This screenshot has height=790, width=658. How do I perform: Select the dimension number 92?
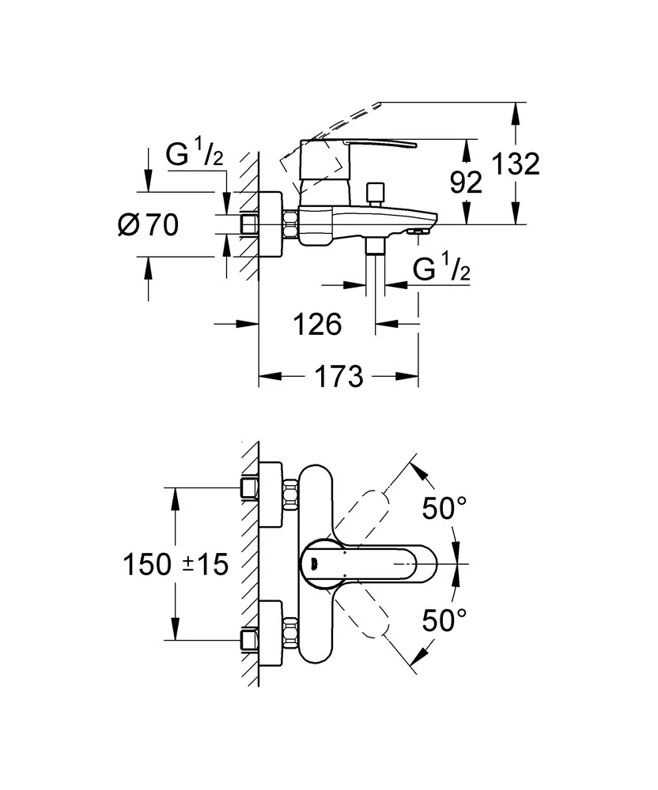tap(466, 182)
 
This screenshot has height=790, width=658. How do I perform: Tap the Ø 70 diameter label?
tap(148, 226)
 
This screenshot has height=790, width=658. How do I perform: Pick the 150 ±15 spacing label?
tap(175, 564)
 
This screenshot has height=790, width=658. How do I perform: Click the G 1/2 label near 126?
tap(442, 270)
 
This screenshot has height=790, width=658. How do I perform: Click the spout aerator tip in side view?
tap(419, 231)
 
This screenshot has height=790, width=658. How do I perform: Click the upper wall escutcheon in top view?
tap(271, 495)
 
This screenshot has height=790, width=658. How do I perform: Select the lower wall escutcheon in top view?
tap(271, 633)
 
